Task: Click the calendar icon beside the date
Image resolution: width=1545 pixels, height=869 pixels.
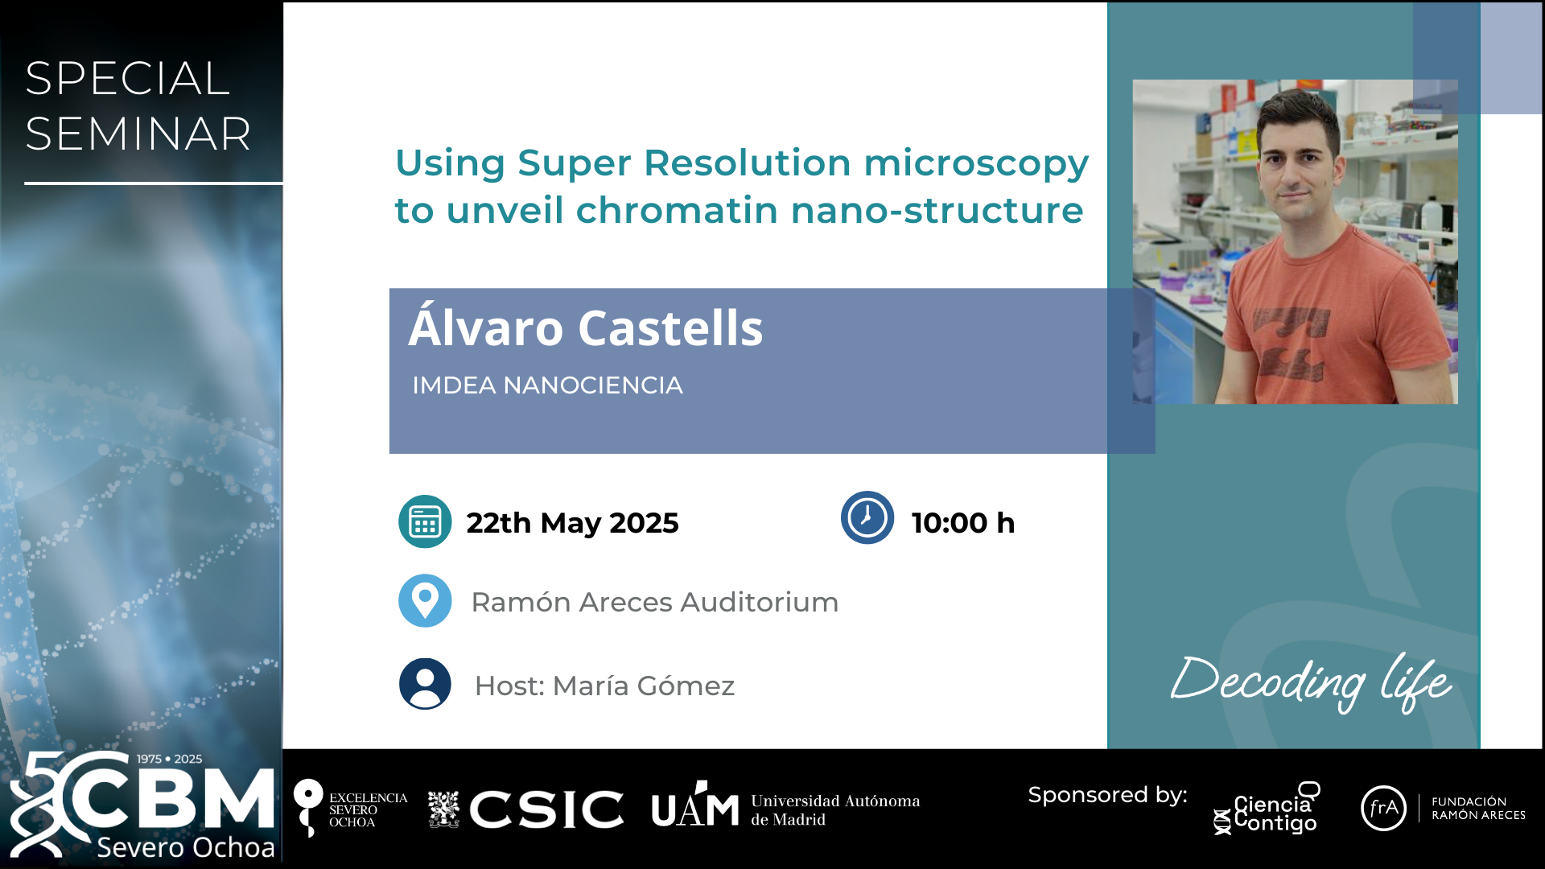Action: pyautogui.click(x=425, y=521)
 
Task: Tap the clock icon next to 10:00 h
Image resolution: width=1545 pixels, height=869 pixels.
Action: pyautogui.click(x=867, y=517)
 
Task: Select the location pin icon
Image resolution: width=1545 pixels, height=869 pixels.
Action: pyautogui.click(x=425, y=600)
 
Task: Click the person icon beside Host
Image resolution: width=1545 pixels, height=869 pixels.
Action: pyautogui.click(x=425, y=684)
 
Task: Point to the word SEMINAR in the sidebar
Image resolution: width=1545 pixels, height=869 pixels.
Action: pyautogui.click(x=138, y=134)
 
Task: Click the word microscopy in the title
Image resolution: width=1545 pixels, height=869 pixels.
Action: pyautogui.click(x=976, y=163)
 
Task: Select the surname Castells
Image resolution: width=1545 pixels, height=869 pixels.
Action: pyautogui.click(x=670, y=328)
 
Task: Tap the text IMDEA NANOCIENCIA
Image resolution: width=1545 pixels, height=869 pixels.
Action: pyautogui.click(x=547, y=385)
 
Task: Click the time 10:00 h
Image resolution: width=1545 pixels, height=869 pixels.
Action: pyautogui.click(x=963, y=523)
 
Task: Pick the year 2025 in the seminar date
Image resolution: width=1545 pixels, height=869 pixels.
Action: pyautogui.click(x=645, y=523)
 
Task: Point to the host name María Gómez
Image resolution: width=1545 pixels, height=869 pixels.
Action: pyautogui.click(x=644, y=686)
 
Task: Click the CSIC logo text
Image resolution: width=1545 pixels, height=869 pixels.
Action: pyautogui.click(x=547, y=809)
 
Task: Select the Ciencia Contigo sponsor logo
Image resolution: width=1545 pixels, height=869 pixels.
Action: pyautogui.click(x=1267, y=809)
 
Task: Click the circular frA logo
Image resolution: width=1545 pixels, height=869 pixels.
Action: pyautogui.click(x=1383, y=808)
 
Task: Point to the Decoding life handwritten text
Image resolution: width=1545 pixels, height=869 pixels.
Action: pyautogui.click(x=1312, y=682)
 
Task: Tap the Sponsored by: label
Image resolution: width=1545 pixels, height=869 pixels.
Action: pyautogui.click(x=1107, y=795)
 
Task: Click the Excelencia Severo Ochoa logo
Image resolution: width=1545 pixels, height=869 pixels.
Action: pyautogui.click(x=350, y=809)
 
